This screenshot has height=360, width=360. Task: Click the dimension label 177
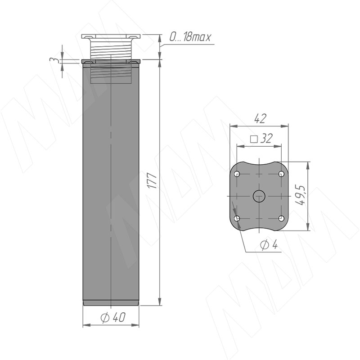152,181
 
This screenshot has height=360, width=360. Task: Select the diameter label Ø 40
113,317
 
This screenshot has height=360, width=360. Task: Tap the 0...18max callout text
190,37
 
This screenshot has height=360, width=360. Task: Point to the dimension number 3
53,60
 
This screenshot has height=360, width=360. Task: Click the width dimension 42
260,118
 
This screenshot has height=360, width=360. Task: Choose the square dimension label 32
266,139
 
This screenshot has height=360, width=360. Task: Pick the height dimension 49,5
301,195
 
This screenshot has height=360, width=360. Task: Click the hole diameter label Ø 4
269,245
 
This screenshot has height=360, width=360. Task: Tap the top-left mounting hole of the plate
237,174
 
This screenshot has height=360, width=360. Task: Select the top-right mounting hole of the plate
281,174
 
